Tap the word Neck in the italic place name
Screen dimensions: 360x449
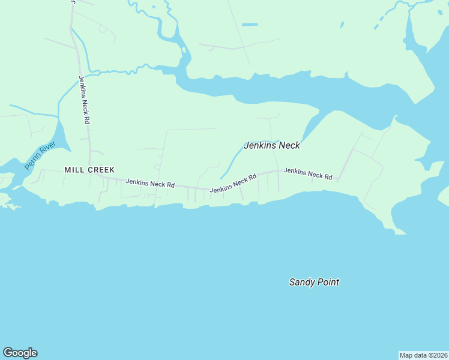tap(288, 145)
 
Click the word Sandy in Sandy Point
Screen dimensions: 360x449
tap(301, 282)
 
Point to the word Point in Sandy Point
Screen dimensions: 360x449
tap(328, 282)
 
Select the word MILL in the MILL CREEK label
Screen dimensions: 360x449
tap(74, 170)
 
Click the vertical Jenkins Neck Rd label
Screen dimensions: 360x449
tap(84, 100)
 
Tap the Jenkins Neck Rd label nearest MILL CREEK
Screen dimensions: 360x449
tap(150, 183)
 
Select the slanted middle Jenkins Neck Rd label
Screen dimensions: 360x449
tap(233, 183)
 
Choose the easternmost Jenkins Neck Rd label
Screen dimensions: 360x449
tap(308, 173)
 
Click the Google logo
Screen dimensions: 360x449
tap(20, 353)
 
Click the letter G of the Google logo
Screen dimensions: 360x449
tap(8, 353)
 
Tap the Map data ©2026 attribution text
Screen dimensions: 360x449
tap(424, 355)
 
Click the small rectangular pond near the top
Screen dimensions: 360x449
tap(250, 25)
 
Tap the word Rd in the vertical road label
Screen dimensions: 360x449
tap(88, 119)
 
